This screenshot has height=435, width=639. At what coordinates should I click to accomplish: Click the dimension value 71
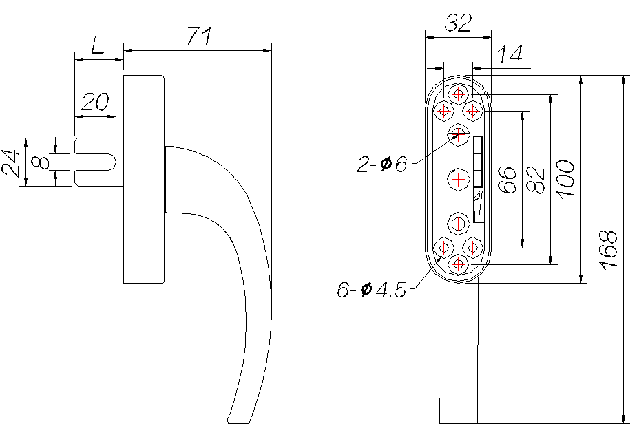(x=200, y=36)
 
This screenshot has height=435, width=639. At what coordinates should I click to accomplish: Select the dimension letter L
(x=97, y=45)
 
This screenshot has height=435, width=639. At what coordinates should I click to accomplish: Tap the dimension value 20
(x=95, y=102)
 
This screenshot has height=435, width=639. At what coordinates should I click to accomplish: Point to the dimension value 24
(x=11, y=163)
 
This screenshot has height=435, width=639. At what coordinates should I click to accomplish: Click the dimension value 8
(x=41, y=162)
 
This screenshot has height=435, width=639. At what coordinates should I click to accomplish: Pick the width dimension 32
(x=458, y=23)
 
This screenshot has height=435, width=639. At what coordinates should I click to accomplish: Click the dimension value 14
(x=510, y=54)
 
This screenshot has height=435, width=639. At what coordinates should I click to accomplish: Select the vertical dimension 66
(x=507, y=180)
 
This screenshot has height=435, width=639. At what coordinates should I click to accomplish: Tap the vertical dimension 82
(x=536, y=180)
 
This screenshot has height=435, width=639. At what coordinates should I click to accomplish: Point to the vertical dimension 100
(x=565, y=179)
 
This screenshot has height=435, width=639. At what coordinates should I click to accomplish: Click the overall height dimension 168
(x=608, y=250)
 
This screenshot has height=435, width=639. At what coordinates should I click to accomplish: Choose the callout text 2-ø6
(x=382, y=164)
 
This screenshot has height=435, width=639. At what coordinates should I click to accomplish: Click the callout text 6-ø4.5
(x=372, y=290)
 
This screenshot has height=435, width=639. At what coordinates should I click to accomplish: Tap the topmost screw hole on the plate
(x=459, y=94)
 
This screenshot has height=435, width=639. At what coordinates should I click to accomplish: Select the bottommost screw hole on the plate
(x=459, y=264)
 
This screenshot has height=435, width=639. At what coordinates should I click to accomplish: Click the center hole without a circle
(x=459, y=179)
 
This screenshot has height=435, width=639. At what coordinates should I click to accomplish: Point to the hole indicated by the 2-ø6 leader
(x=459, y=134)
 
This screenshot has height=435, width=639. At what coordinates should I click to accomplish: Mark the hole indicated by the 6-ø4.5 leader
(x=443, y=247)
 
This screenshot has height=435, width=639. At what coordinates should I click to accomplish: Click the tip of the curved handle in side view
(x=238, y=423)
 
